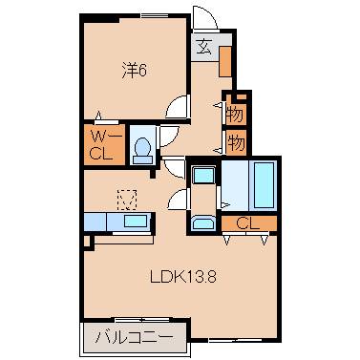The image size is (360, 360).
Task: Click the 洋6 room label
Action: [133, 70]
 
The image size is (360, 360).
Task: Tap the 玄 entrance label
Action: [205, 44]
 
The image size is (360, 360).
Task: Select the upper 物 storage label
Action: [235, 113]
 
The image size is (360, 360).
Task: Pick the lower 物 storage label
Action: [235, 143]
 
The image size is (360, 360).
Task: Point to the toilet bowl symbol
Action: [141, 149]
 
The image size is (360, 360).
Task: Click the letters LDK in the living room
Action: [165, 279]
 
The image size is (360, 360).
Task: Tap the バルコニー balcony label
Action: [134, 337]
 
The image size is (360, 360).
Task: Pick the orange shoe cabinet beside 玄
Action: [224, 61]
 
